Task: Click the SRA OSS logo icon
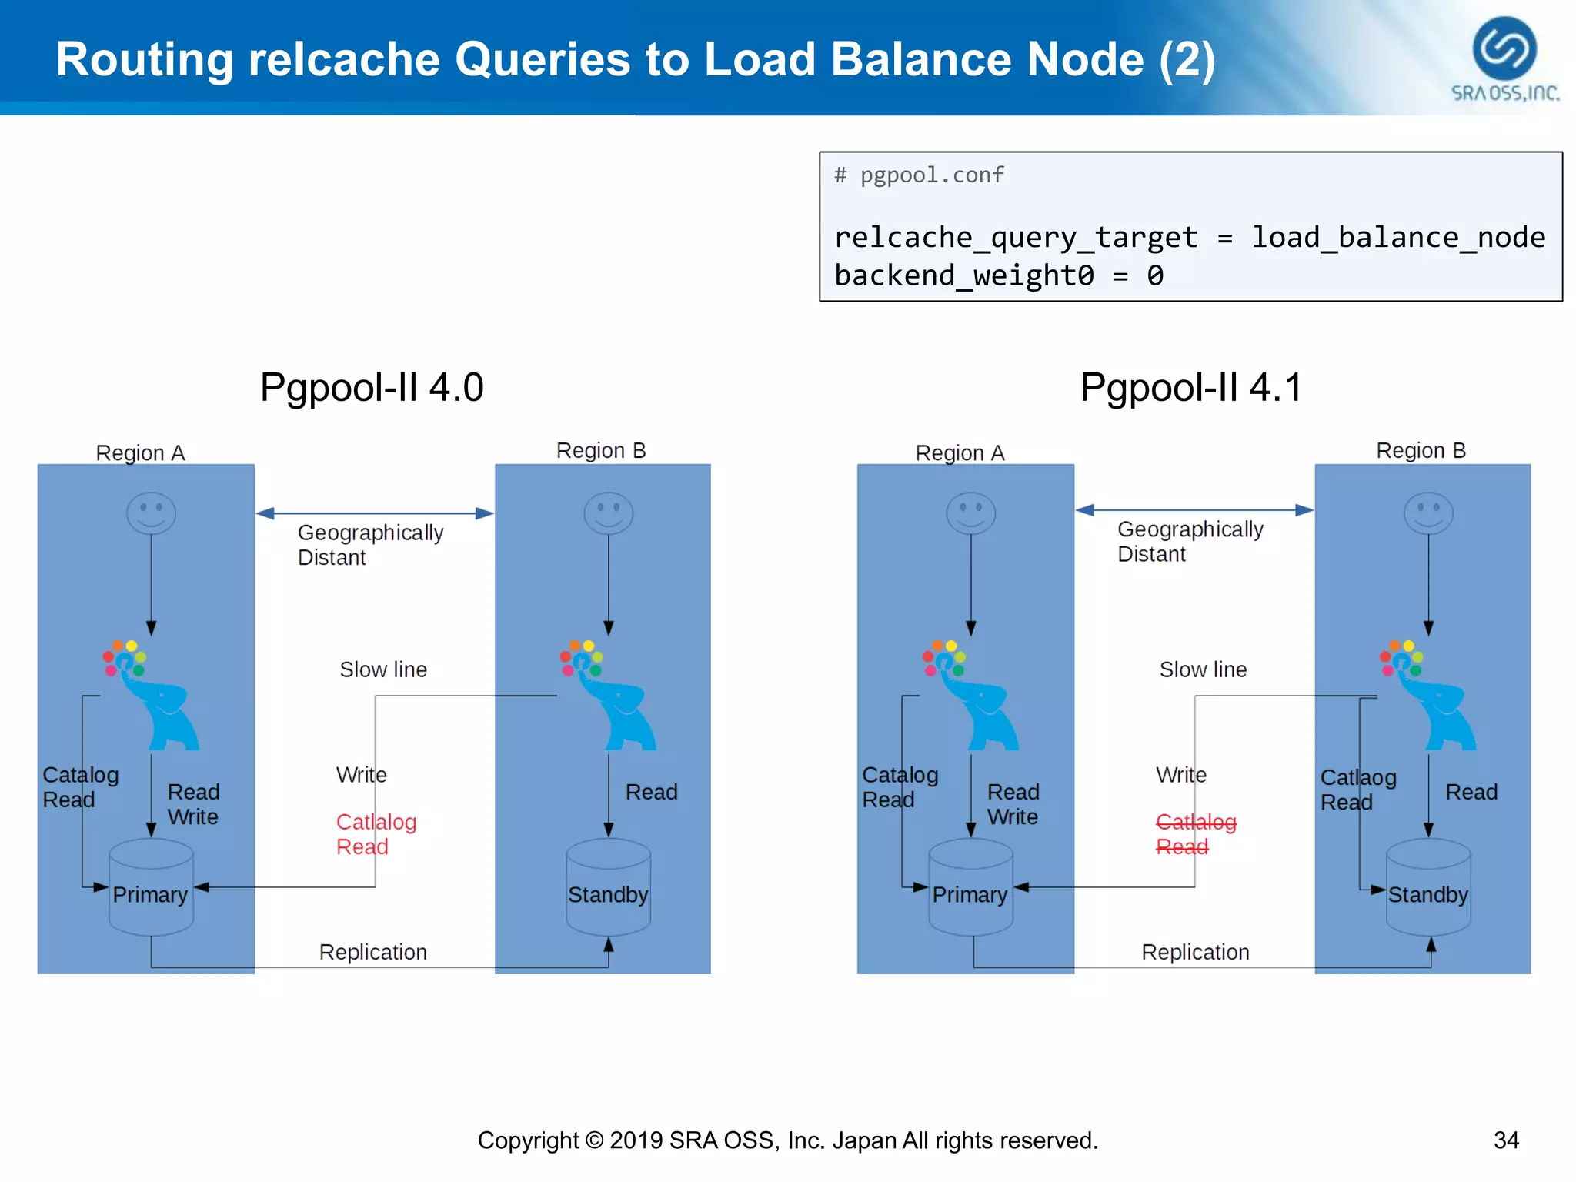(1504, 48)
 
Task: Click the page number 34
(1506, 1140)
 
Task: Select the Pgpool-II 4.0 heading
(372, 387)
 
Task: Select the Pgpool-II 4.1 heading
(1190, 387)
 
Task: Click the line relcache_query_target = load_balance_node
(1189, 237)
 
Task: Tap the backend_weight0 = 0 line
(998, 275)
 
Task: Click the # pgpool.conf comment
(920, 175)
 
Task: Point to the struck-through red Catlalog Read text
(1195, 834)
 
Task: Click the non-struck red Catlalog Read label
(376, 834)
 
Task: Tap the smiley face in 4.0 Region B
(608, 513)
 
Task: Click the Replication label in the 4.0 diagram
(372, 952)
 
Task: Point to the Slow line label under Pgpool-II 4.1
(1203, 669)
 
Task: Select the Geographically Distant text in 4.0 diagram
(370, 545)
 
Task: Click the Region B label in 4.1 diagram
(1421, 450)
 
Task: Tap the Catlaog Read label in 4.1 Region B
(1357, 790)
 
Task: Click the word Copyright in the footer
(528, 1140)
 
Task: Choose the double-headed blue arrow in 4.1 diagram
(1194, 509)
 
